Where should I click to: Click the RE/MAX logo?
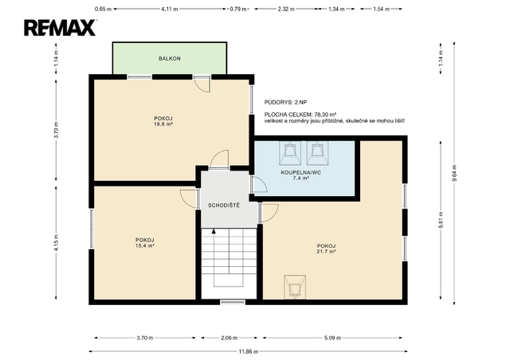[60, 28]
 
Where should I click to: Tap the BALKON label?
[170, 58]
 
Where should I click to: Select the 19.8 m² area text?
[163, 124]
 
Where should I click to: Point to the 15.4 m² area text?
[144, 246]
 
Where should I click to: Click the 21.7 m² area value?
[326, 252]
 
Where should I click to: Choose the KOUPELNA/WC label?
[301, 172]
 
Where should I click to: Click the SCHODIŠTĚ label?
[224, 205]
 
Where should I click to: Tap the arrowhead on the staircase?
[214, 231]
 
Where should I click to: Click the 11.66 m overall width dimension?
[248, 351]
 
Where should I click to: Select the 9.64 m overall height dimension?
[454, 173]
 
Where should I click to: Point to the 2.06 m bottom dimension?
[229, 338]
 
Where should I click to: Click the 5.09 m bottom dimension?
[332, 338]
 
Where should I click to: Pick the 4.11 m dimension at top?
[170, 9]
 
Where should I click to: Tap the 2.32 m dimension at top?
[286, 9]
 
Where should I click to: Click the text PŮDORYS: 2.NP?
[285, 103]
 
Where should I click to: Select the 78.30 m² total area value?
[325, 115]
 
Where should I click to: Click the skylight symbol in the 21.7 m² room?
[295, 288]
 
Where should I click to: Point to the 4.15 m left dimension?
[57, 243]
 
